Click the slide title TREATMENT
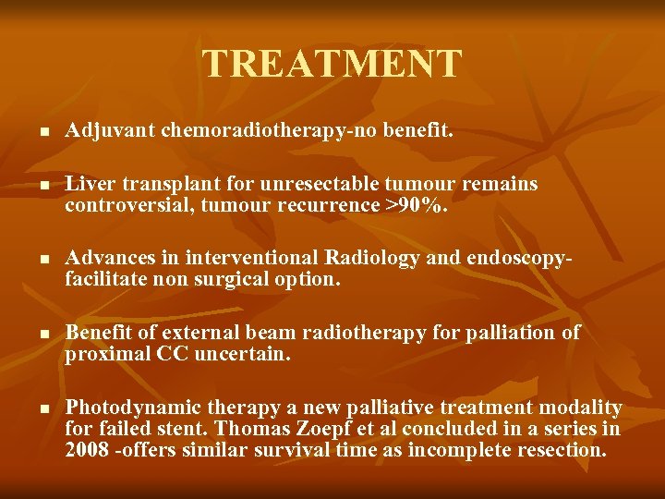coord(332,64)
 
